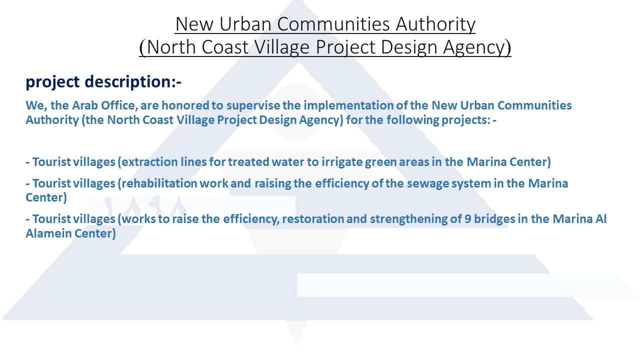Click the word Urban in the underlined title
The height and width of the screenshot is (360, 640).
tap(245, 24)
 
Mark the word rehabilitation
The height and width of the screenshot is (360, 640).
tap(159, 183)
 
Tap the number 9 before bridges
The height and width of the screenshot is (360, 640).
tap(467, 219)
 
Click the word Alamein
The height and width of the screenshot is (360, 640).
tap(48, 233)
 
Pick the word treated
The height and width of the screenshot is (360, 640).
tap(248, 162)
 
